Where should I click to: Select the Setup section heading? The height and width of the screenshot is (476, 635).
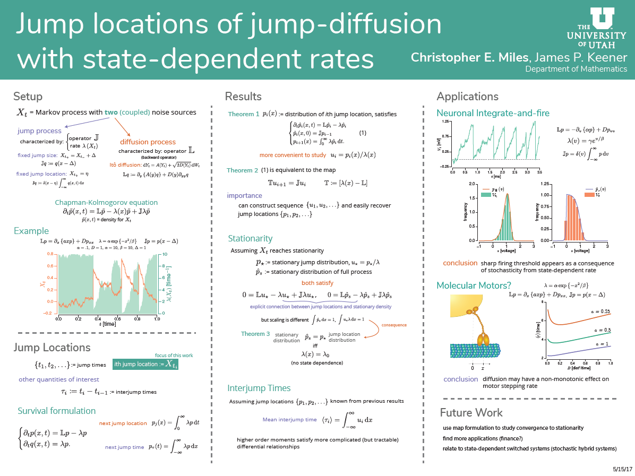pyautogui.click(x=28, y=97)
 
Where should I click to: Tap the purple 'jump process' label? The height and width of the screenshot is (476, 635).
pyautogui.click(x=39, y=131)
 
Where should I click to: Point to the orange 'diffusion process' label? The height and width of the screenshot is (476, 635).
pyautogui.click(x=148, y=142)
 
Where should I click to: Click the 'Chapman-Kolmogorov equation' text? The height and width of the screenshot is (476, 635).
pyautogui.click(x=106, y=202)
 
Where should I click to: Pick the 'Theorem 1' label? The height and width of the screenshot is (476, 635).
pyautogui.click(x=244, y=114)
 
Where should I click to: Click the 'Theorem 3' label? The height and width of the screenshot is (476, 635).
pyautogui.click(x=255, y=334)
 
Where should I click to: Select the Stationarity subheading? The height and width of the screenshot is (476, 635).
pyautogui.click(x=250, y=238)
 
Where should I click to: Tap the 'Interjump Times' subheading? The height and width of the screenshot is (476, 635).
pyautogui.click(x=259, y=387)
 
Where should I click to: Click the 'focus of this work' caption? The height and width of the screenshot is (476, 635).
pyautogui.click(x=174, y=355)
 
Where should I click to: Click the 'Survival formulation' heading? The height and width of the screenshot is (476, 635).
pyautogui.click(x=57, y=411)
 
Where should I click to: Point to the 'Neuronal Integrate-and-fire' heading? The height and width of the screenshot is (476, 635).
pyautogui.click(x=493, y=113)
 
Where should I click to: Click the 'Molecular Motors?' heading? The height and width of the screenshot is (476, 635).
pyautogui.click(x=474, y=285)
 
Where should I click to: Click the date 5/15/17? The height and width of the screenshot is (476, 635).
pyautogui.click(x=622, y=470)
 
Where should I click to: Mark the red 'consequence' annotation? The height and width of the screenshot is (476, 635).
pyautogui.click(x=393, y=325)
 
